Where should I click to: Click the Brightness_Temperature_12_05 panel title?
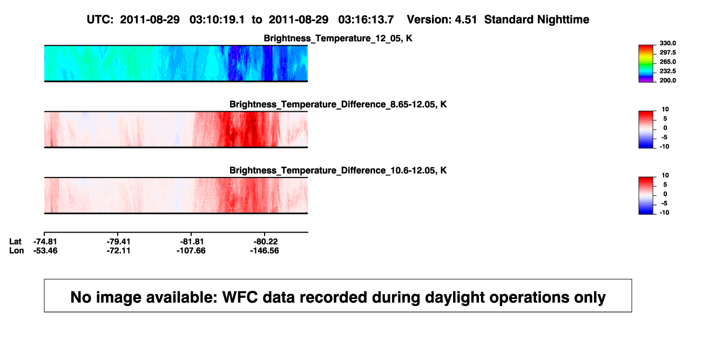(x=338, y=38)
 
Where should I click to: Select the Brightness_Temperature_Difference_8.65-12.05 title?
(x=338, y=104)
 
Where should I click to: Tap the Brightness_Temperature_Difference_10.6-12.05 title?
(x=338, y=171)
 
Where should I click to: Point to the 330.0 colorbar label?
(x=667, y=43)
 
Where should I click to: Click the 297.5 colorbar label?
(x=667, y=52)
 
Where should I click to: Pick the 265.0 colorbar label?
(x=667, y=62)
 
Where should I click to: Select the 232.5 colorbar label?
(x=667, y=71)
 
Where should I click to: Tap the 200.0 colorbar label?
(x=667, y=80)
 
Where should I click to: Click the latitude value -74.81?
(x=45, y=242)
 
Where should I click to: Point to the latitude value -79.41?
(x=118, y=242)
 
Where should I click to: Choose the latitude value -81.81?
(x=192, y=242)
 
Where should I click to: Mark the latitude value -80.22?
(x=266, y=242)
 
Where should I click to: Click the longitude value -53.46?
(x=45, y=250)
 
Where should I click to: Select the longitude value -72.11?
(x=118, y=250)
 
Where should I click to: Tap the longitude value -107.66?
(x=191, y=250)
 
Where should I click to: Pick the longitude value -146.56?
(x=265, y=250)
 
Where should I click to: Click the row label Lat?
(x=15, y=242)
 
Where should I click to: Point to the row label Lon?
(x=17, y=250)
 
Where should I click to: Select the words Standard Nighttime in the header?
(x=537, y=19)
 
